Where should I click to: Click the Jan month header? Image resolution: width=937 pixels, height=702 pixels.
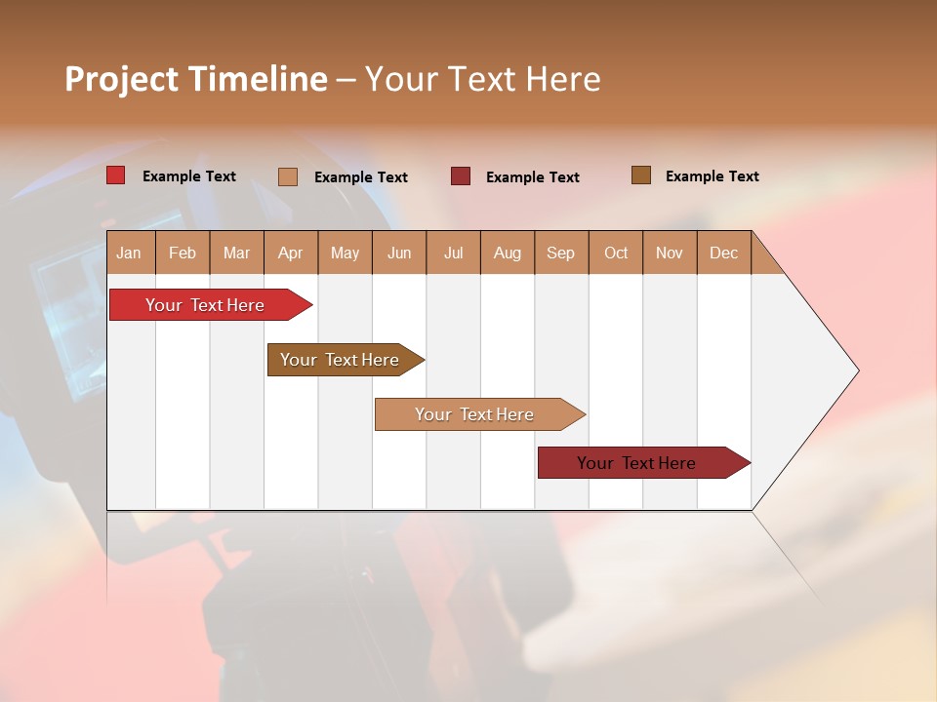click(x=129, y=253)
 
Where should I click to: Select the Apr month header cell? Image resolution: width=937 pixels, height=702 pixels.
click(x=290, y=253)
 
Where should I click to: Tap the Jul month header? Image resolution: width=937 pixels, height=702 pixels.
click(x=453, y=253)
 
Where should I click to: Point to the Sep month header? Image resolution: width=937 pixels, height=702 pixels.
click(x=560, y=253)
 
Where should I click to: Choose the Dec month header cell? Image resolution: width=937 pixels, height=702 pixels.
click(x=723, y=253)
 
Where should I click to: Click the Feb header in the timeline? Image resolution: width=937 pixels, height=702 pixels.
click(x=183, y=253)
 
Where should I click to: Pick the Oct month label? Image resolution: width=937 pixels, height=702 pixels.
click(x=616, y=253)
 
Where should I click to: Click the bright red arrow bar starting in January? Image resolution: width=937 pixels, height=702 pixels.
click(x=205, y=305)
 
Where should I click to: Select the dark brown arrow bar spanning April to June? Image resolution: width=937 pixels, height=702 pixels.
click(x=340, y=360)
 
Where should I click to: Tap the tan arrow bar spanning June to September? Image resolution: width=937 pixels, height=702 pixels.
click(x=474, y=414)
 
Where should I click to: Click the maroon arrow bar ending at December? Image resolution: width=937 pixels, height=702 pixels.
click(x=636, y=463)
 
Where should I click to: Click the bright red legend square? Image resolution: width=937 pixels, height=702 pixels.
click(x=115, y=175)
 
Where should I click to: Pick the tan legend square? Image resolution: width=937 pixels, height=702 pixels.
click(x=287, y=176)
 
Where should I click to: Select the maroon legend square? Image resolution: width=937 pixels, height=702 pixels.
click(x=460, y=175)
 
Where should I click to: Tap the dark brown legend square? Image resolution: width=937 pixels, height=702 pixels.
click(x=640, y=175)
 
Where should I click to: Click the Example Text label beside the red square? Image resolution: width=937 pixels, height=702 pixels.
click(x=189, y=176)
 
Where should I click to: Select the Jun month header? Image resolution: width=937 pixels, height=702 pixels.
click(x=399, y=253)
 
